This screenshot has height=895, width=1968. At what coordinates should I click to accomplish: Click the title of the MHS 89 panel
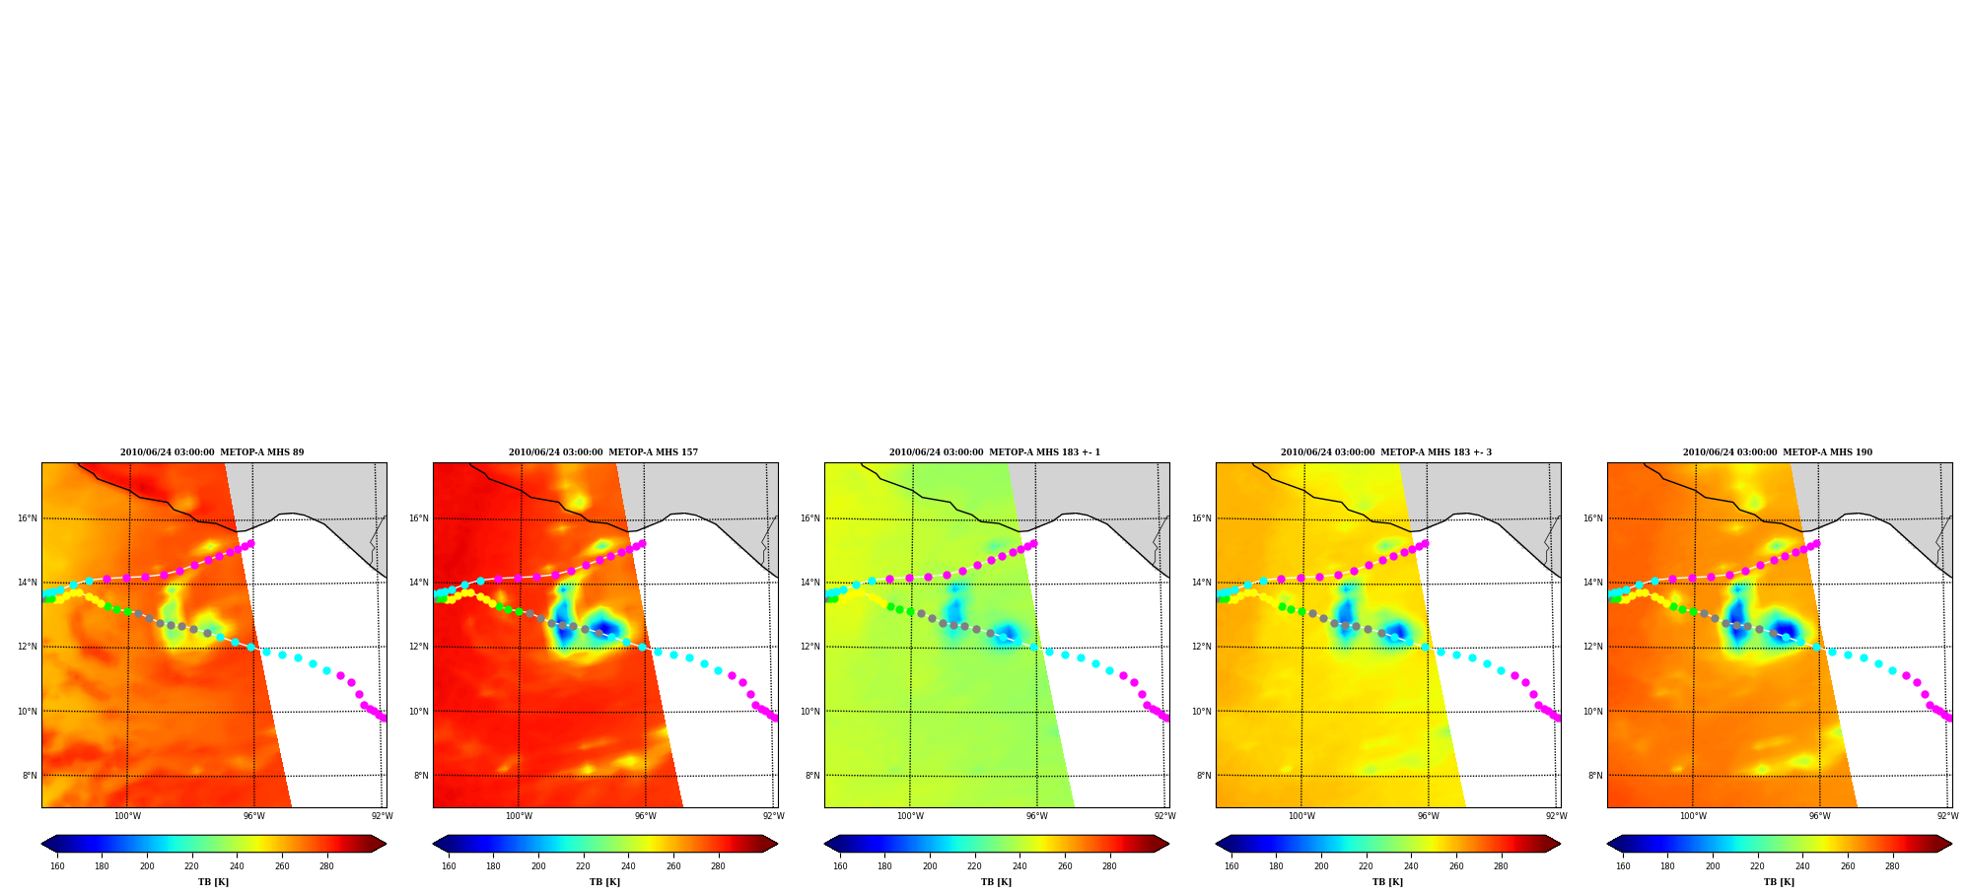point(212,452)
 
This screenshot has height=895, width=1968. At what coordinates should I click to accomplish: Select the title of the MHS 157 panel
point(603,452)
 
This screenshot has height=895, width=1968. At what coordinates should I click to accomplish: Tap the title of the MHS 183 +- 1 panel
point(995,452)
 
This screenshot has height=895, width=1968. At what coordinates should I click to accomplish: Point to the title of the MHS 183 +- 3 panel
point(1386,452)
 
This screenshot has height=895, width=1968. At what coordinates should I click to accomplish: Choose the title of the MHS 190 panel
point(1778,452)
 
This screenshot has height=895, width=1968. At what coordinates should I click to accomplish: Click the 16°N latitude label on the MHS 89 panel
point(28,518)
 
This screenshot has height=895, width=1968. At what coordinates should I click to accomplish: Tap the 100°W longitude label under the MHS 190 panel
point(1693,816)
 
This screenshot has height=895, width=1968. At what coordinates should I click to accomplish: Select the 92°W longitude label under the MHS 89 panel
point(382,816)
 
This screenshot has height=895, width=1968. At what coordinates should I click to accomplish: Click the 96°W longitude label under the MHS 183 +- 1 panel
point(1036,816)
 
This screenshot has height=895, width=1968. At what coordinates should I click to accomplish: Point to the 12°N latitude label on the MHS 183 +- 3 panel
point(1202,647)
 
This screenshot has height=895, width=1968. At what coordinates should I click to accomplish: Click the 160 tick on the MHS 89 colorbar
point(57,866)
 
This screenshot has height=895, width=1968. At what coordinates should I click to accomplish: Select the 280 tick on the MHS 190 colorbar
point(1892,866)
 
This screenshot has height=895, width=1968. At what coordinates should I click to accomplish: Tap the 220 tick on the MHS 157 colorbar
point(583,866)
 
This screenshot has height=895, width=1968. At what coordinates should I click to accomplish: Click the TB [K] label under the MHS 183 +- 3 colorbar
point(1387,882)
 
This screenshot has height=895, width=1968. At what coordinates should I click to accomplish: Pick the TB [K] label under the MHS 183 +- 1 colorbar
point(996,882)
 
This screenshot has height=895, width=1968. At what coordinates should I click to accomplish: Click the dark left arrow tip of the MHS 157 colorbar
point(435,844)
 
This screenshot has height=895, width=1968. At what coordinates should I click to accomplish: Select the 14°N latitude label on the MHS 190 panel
point(1593,583)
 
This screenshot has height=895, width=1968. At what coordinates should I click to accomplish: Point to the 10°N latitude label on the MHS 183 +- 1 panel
point(810,712)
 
